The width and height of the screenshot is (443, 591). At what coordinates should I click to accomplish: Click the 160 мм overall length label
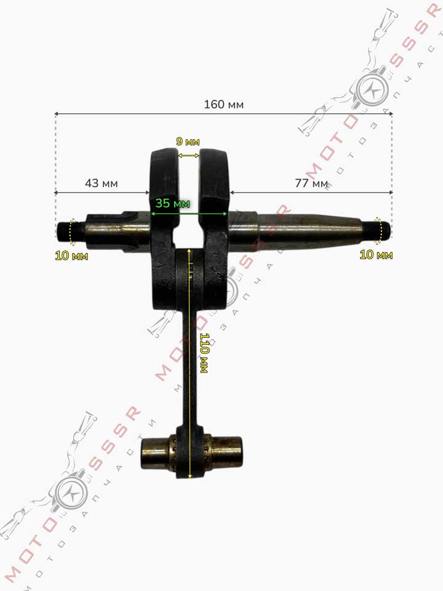coord(224,105)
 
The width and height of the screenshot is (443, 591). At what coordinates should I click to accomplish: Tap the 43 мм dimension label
coord(102,183)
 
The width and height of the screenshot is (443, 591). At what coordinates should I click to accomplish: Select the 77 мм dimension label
coord(311,183)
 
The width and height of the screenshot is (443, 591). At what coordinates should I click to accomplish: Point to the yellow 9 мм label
coord(188,142)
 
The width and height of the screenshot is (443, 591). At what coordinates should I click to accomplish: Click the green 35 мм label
coord(172,204)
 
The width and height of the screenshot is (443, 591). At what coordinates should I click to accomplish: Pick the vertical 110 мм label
coord(204,353)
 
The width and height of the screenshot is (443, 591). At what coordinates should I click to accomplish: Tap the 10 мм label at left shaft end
coord(71,256)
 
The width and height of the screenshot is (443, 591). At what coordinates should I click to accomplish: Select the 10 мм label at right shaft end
coord(376,255)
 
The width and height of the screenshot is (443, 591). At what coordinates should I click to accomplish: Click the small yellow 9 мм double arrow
coord(188,155)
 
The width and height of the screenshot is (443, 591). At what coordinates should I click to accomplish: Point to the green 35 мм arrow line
coord(189,214)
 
